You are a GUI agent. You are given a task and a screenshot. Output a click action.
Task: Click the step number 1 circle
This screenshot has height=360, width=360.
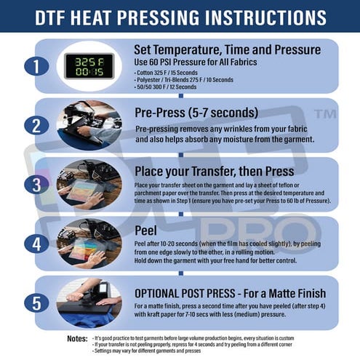33,66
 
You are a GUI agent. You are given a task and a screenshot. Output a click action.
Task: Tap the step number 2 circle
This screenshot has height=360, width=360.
33,124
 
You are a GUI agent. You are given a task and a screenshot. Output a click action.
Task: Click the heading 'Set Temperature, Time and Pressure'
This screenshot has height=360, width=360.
227,49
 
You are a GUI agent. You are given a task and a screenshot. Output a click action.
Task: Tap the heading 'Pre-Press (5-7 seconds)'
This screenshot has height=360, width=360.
196,112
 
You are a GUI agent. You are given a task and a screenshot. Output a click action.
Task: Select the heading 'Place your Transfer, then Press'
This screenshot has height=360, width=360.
215,171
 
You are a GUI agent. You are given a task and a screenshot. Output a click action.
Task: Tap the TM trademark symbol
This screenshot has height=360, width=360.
326,114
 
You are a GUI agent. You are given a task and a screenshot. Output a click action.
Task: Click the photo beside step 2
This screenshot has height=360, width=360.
88,124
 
